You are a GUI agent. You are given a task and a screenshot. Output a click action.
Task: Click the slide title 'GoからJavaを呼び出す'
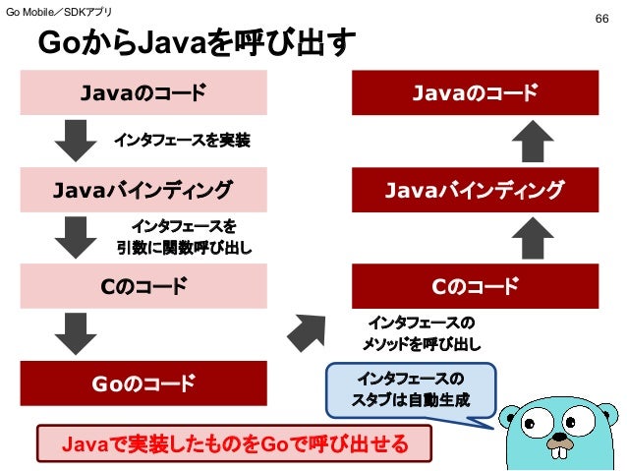point(197,45)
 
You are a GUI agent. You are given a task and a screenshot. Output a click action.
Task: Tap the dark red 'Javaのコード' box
point(475,93)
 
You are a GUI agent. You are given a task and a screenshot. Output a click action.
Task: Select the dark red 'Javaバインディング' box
point(475,189)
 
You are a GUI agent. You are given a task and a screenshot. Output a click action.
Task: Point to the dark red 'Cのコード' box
point(475,287)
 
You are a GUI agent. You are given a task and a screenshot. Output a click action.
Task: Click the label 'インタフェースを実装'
point(182,142)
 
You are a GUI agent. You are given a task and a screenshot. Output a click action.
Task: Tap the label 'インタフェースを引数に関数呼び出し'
point(184,239)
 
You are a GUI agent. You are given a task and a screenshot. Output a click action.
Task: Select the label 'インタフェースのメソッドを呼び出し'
point(421,333)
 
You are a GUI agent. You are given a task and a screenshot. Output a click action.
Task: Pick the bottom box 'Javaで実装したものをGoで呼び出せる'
point(235,444)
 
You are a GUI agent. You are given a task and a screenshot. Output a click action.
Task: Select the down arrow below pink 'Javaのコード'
point(75,141)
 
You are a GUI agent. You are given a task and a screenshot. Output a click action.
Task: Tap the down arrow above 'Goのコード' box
point(75,333)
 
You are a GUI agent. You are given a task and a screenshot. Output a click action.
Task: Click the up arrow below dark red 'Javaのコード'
point(535,141)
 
